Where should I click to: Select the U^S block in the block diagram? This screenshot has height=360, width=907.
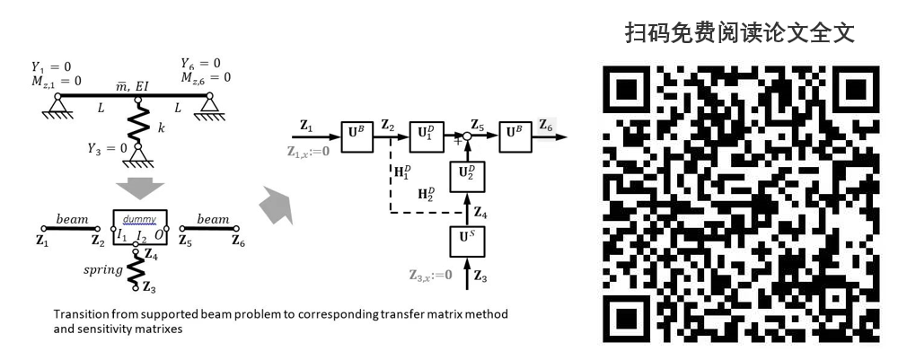coord(466,241)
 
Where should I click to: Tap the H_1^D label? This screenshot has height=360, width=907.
coord(400,172)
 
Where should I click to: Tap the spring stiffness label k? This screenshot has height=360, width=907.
coord(162,128)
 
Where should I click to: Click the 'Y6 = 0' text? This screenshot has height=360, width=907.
coord(200,64)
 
